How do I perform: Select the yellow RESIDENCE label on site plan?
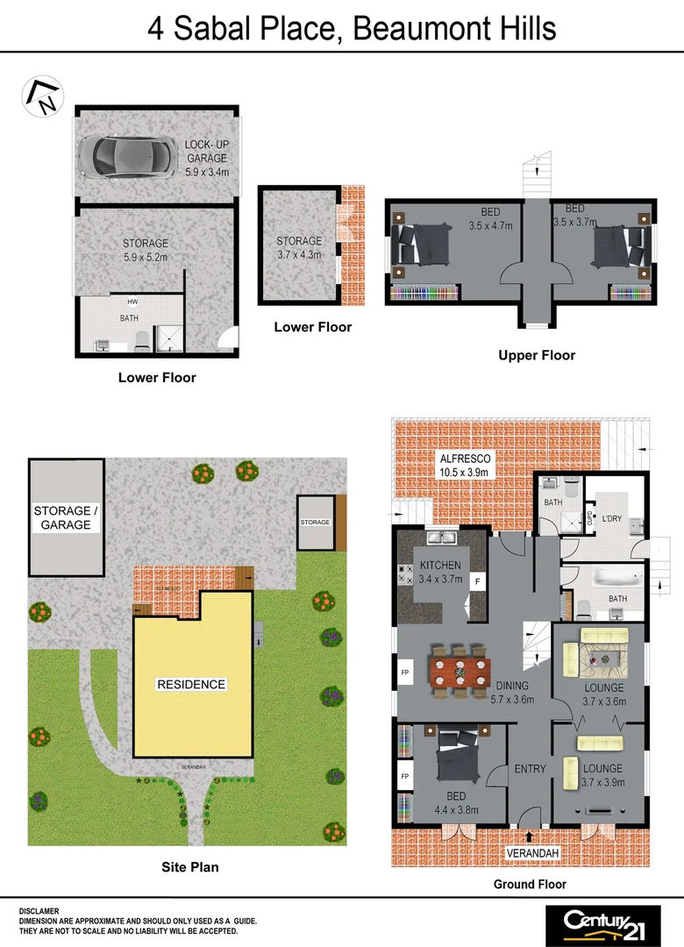coord(191,684)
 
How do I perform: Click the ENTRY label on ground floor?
coord(530,769)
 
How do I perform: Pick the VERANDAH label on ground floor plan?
coord(532,852)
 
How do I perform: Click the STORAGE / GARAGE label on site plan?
coord(62,517)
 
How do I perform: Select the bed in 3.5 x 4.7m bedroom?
coord(421,245)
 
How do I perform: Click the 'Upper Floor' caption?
coord(537,355)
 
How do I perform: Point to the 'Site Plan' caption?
coord(189,867)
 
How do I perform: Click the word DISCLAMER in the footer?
coord(39,912)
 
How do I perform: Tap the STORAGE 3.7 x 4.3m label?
coord(299,247)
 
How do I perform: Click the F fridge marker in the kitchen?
coord(478,581)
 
